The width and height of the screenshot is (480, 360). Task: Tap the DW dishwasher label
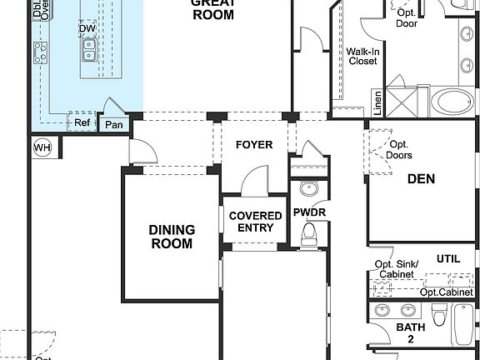click(87, 29)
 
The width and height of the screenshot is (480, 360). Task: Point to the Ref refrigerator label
click(82, 122)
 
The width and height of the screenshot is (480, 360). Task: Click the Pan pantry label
click(114, 125)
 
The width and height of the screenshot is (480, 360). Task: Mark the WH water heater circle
click(42, 147)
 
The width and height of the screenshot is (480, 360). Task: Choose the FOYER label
click(254, 145)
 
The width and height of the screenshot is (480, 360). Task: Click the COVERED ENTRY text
click(255, 222)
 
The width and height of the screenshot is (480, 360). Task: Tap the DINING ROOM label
click(172, 237)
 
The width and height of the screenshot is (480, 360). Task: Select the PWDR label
click(309, 212)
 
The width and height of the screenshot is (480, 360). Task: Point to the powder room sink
click(308, 187)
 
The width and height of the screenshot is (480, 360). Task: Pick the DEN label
click(421, 178)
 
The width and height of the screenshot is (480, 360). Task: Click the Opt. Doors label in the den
click(399, 150)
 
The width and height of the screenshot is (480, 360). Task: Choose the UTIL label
click(447, 259)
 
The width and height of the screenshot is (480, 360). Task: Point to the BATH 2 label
click(411, 333)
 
